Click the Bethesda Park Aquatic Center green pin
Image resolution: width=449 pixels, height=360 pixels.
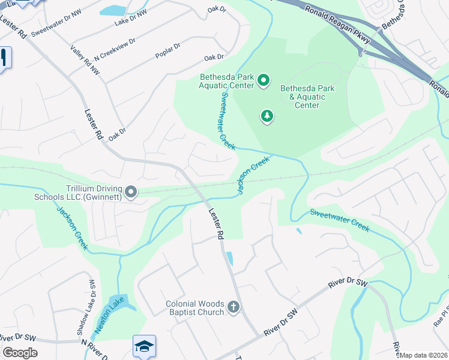(263, 80)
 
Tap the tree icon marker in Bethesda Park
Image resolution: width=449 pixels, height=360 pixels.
(267, 115)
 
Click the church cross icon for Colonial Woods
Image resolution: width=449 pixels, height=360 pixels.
(234, 308)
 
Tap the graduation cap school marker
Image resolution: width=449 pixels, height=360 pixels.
(144, 346)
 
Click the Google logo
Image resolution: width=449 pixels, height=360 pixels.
(20, 353)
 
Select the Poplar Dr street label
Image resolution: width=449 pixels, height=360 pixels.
(168, 47)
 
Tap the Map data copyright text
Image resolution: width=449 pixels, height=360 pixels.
(424, 355)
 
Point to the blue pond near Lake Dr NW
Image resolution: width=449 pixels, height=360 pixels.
(112, 10)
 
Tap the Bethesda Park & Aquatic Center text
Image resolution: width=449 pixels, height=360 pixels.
(307, 97)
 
